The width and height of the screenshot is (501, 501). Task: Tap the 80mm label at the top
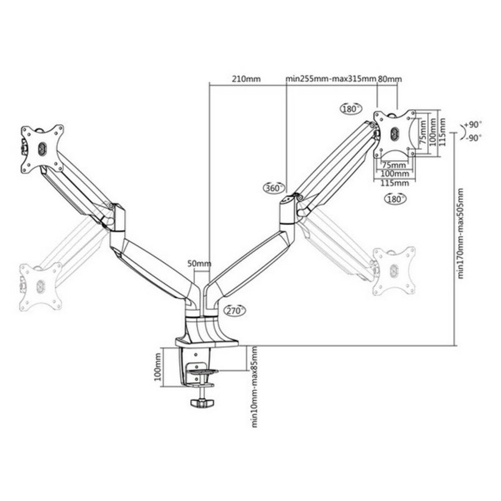[390, 79]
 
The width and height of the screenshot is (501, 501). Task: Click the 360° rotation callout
[274, 188]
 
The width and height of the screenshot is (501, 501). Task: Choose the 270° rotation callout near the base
[235, 310]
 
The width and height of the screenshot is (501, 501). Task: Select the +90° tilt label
[473, 124]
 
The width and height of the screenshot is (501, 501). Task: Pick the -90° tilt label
[473, 137]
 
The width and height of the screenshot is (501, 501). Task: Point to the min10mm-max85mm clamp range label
[253, 387]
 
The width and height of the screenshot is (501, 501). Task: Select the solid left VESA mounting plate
[42, 148]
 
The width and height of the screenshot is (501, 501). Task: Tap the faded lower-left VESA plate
[40, 286]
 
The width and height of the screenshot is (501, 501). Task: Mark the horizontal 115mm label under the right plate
[394, 183]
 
